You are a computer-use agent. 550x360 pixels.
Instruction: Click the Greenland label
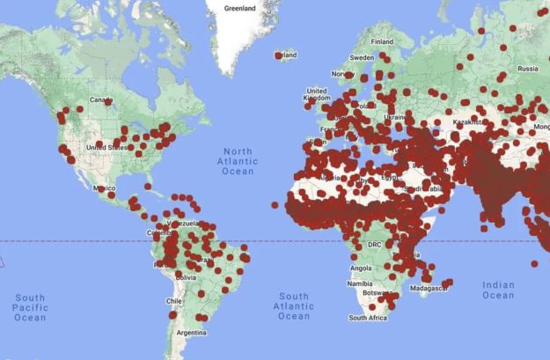[x=239, y=9]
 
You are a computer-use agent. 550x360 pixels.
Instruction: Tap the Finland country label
[x=382, y=41]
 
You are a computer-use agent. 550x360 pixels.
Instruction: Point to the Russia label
[x=527, y=68]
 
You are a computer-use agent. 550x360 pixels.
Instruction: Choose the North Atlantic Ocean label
[x=238, y=161]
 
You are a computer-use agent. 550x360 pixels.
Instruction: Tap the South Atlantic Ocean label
[x=293, y=305]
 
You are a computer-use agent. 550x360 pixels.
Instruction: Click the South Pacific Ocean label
[x=30, y=307]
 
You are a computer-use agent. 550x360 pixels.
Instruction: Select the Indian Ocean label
[x=499, y=290]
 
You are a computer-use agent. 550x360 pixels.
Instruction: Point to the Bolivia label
[x=186, y=276]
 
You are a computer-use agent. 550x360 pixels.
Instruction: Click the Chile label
[x=173, y=301]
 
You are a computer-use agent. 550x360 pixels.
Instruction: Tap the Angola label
[x=361, y=268]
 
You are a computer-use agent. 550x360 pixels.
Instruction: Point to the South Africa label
[x=368, y=318]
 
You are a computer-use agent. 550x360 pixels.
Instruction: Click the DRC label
[x=374, y=244]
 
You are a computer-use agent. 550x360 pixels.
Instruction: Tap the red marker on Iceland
[x=278, y=55]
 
